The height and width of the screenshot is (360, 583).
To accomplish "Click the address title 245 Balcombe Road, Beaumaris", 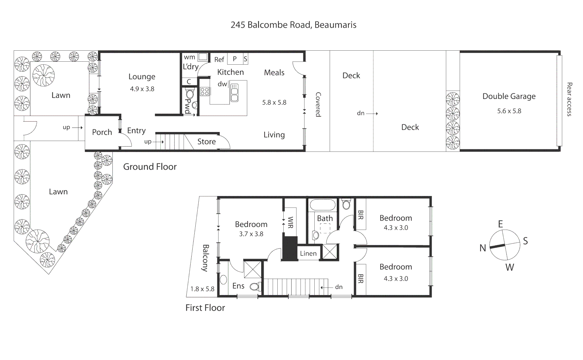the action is [293, 25].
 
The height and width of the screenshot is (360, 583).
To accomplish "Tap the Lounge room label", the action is [142, 77].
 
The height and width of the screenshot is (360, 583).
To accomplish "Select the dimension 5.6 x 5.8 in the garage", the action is [509, 111].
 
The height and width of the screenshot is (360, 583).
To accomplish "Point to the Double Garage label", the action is [509, 96].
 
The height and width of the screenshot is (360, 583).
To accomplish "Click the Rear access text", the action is [569, 99].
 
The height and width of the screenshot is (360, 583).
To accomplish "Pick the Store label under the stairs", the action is [206, 142].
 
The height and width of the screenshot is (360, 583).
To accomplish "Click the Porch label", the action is [102, 132].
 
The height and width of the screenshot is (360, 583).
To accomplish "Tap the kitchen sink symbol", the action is [234, 93].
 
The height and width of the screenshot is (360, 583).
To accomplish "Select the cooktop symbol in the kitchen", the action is [205, 91].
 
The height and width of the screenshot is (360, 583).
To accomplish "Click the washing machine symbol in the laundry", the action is [203, 57].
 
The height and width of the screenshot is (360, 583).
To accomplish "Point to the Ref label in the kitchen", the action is [219, 60].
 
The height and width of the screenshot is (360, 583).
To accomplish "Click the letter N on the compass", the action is [483, 248].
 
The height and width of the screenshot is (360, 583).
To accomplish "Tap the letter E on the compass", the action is [500, 224].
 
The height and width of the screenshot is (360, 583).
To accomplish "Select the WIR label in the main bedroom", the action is [290, 223].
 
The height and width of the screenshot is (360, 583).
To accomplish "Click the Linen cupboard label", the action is [308, 254].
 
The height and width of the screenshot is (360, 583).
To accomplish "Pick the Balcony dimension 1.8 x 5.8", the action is [202, 289].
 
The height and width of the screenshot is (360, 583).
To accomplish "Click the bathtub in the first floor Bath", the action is [322, 205].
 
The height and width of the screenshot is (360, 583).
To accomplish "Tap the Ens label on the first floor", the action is [238, 286].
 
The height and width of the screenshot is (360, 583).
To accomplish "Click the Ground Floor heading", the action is [150, 167].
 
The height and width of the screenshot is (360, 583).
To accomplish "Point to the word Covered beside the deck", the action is [318, 104].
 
